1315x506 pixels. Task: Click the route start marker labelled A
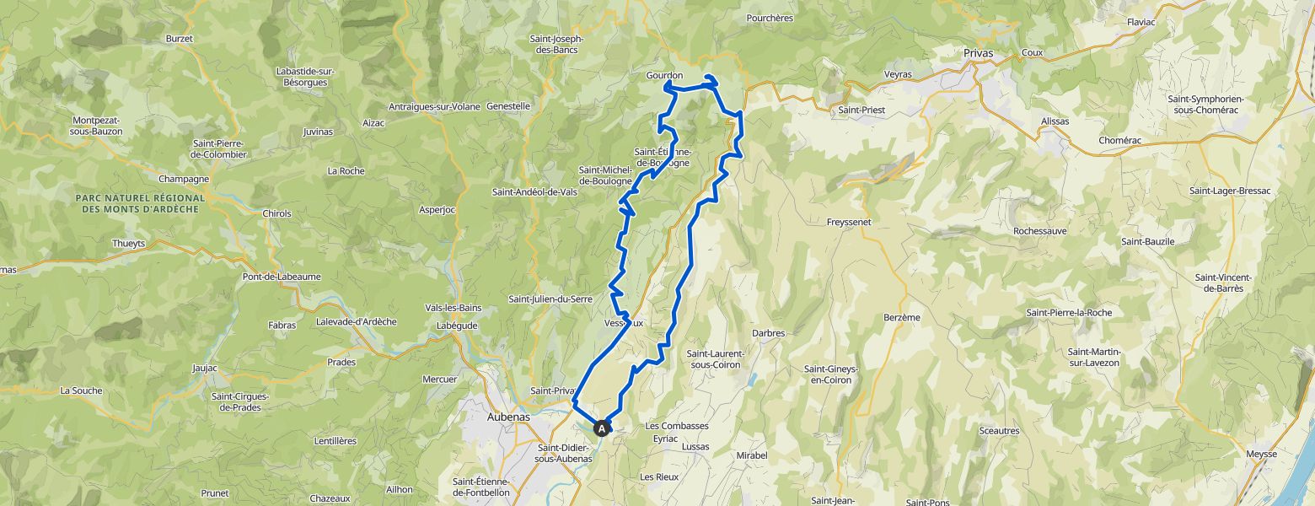pos(603,428)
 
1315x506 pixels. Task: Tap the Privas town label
pos(978,52)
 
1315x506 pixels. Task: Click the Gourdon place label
pos(664,75)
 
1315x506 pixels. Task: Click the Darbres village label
pos(768,333)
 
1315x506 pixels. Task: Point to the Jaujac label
pos(205,368)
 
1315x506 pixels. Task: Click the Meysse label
pos(1261,455)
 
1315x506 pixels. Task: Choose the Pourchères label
pos(770,17)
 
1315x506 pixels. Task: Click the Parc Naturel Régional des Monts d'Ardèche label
pos(140,202)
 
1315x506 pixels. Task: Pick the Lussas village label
pos(695,446)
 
